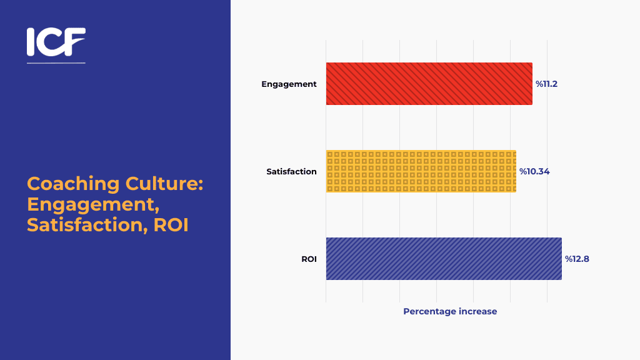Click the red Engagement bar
(x=429, y=84)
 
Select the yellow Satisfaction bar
(x=421, y=171)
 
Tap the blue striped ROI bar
(x=443, y=259)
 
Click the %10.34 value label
(x=534, y=171)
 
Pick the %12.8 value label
(x=577, y=259)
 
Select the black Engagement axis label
(x=289, y=84)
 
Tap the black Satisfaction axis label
(x=291, y=171)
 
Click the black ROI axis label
(x=309, y=259)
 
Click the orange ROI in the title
(x=171, y=225)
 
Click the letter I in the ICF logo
(x=31, y=42)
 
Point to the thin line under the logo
(x=56, y=63)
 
